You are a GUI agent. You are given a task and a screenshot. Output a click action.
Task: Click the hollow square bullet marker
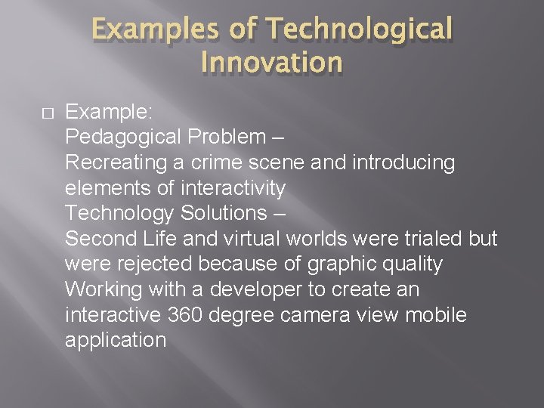point(45,113)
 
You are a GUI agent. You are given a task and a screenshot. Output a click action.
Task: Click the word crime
point(216,162)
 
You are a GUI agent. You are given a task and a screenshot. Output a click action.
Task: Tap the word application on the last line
point(115,341)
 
